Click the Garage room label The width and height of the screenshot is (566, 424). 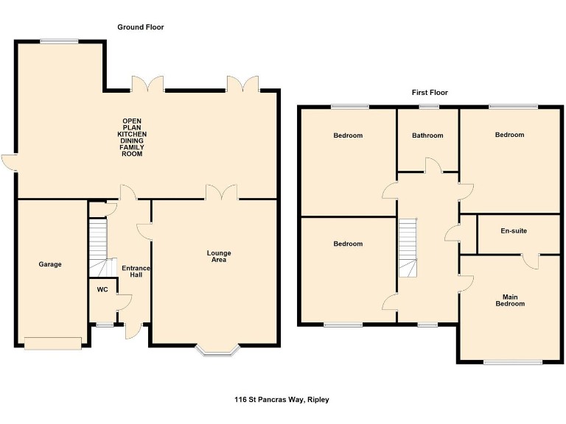[x=51, y=264]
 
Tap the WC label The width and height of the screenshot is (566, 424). [x=102, y=289]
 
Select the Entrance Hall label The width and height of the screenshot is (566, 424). [x=136, y=272]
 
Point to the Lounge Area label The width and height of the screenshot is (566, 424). [x=218, y=256]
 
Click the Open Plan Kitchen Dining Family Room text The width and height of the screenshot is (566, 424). [x=132, y=137]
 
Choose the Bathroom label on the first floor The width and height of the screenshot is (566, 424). [x=427, y=135]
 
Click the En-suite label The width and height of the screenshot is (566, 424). [x=514, y=230]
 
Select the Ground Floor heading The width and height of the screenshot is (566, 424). [x=141, y=27]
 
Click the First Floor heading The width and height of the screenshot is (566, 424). [x=430, y=93]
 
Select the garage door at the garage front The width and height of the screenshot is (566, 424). [x=52, y=341]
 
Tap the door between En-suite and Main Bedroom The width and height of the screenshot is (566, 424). [x=528, y=260]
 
